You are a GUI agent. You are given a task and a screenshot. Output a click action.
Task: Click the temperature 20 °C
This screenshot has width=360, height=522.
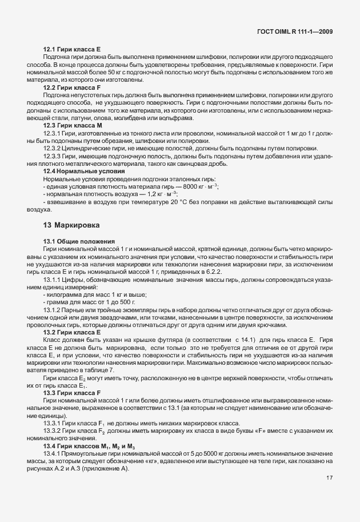pyautogui.click(x=183, y=203)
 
